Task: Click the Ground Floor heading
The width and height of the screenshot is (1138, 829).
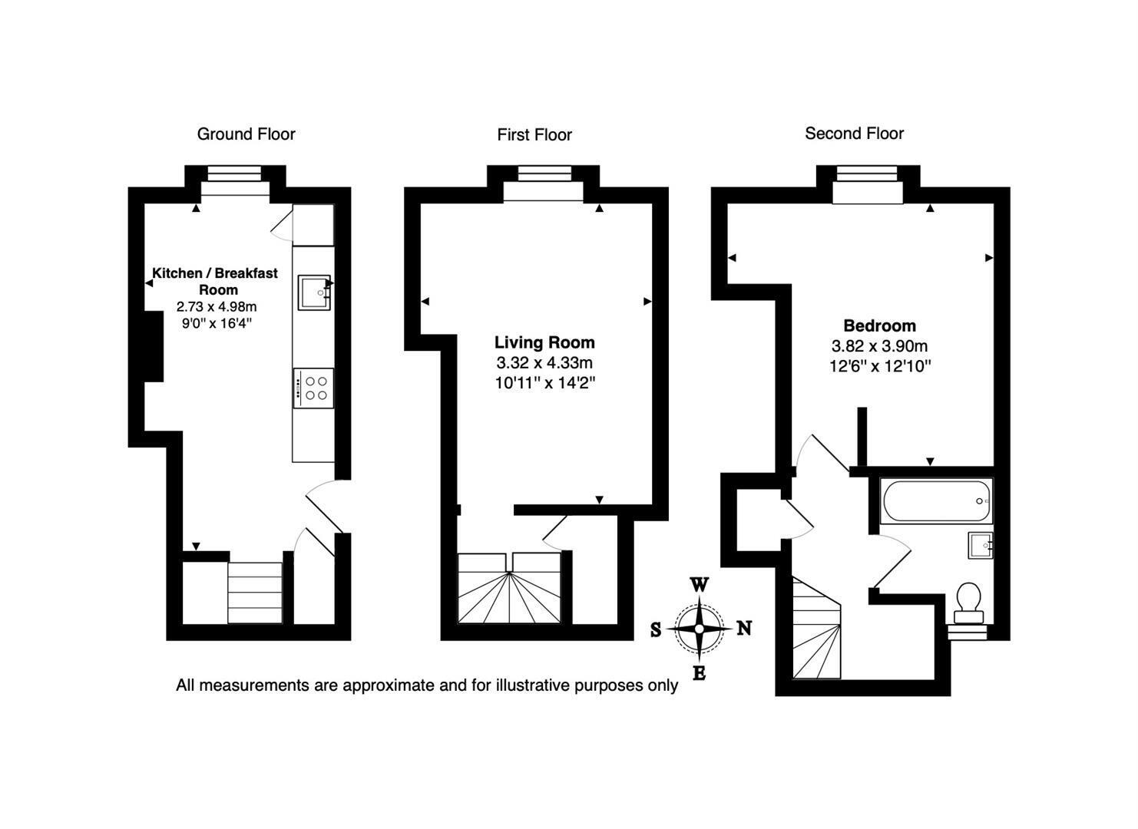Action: point(246,134)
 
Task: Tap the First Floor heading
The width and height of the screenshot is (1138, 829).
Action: point(534,134)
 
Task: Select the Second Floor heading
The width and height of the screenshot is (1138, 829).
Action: point(854,134)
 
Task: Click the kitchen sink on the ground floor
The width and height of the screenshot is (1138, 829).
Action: point(315,292)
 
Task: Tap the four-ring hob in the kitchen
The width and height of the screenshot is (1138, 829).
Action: point(313,388)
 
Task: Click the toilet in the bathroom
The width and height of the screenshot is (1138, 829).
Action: point(968,603)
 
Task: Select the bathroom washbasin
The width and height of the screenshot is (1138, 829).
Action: point(981,545)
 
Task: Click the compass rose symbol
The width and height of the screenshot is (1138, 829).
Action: point(699,629)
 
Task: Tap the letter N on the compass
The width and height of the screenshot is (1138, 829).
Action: point(744,629)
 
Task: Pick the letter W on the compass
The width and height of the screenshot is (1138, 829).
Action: point(699,585)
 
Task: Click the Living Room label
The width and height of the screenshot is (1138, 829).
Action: point(544,342)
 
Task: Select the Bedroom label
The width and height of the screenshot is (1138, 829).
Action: point(879,325)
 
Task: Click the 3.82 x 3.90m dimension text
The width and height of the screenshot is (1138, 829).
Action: point(879,346)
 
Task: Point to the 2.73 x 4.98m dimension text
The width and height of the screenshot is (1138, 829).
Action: point(217,307)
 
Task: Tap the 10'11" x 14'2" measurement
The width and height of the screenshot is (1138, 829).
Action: point(544,383)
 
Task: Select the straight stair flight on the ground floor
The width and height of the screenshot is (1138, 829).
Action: point(255,593)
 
